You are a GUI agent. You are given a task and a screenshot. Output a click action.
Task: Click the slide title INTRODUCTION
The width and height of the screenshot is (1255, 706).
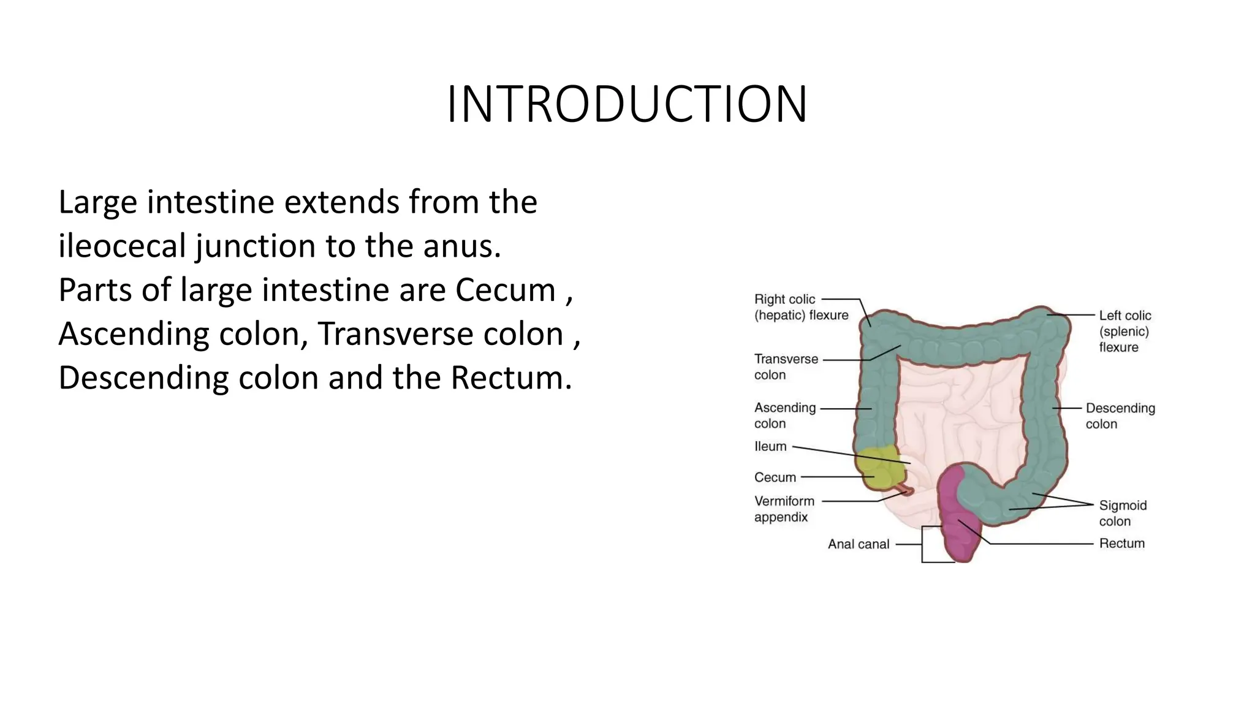pyautogui.click(x=627, y=104)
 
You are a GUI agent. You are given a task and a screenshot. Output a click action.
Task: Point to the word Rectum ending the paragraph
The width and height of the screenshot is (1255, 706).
pyautogui.click(x=510, y=378)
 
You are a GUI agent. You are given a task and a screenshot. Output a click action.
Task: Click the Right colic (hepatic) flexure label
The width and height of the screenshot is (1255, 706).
pyautogui.click(x=801, y=307)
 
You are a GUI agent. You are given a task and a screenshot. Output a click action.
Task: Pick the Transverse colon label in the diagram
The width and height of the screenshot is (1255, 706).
pyautogui.click(x=786, y=366)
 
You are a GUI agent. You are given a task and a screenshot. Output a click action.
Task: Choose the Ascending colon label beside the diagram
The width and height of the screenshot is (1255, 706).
pyautogui.click(x=784, y=416)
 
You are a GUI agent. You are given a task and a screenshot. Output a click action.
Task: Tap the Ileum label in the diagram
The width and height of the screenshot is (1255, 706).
pyautogui.click(x=770, y=447)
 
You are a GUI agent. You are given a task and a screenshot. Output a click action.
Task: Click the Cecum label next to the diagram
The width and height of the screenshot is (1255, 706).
pyautogui.click(x=775, y=477)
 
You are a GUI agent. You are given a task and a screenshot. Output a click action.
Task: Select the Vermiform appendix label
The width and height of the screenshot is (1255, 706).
pyautogui.click(x=784, y=509)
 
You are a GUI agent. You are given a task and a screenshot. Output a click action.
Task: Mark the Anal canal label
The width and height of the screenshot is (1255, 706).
pyautogui.click(x=858, y=544)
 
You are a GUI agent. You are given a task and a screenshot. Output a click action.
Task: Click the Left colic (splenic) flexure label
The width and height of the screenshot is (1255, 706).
pyautogui.click(x=1124, y=331)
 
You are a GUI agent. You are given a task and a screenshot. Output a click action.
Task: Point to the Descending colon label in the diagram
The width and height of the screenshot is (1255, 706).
pyautogui.click(x=1120, y=416)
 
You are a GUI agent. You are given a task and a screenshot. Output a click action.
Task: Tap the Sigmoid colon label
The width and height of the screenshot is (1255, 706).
pyautogui.click(x=1122, y=513)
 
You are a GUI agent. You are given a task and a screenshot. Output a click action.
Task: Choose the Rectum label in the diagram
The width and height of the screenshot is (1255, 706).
pyautogui.click(x=1121, y=544)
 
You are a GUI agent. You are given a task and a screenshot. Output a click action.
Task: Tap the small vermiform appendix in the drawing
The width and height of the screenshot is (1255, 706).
pyautogui.click(x=906, y=490)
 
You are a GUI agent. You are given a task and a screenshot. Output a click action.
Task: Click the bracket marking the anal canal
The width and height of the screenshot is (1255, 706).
pyautogui.click(x=923, y=544)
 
